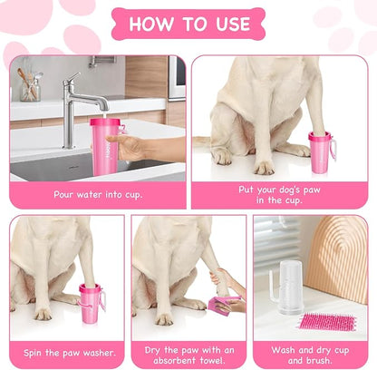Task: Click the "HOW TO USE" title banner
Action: pyautogui.click(x=188, y=24)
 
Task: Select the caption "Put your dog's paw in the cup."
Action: pyautogui.click(x=278, y=194)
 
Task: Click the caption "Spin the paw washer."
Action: pyautogui.click(x=67, y=350)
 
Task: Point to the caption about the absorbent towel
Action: pyautogui.click(x=188, y=354)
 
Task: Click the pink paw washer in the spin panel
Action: pyautogui.click(x=92, y=303)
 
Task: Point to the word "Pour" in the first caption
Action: pyautogui.click(x=66, y=194)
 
